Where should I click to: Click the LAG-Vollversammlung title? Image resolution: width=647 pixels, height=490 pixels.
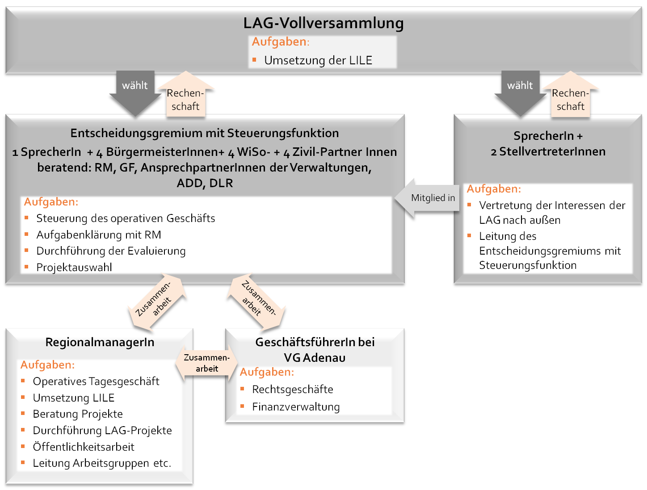(323, 23)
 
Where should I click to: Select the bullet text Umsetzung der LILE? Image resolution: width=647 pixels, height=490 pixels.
(318, 60)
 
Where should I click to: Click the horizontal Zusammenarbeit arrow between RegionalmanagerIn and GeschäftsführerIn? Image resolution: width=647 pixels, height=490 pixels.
(207, 363)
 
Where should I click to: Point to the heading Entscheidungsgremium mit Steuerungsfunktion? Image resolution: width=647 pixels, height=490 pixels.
(205, 133)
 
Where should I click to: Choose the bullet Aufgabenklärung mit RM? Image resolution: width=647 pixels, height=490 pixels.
(98, 235)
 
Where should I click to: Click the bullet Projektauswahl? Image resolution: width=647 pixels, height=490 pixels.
(74, 268)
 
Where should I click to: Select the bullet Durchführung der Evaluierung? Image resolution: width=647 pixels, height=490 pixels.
(111, 251)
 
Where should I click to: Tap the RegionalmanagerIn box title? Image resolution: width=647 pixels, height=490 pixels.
(100, 343)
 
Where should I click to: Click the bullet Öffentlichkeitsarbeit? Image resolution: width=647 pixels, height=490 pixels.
(84, 447)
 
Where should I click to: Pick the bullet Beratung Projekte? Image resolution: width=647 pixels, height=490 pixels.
(78, 414)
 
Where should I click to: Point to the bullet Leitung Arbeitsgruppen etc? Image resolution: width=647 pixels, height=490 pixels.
(102, 463)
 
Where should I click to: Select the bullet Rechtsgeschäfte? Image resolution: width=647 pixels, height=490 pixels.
(293, 389)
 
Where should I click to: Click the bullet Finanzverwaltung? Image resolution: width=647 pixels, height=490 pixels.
(296, 407)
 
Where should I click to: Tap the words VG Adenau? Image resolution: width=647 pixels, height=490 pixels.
(315, 358)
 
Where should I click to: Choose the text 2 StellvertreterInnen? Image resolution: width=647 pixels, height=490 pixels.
(548, 152)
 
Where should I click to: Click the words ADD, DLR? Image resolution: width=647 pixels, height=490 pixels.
(205, 183)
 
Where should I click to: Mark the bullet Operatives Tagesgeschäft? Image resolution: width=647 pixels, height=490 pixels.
(96, 381)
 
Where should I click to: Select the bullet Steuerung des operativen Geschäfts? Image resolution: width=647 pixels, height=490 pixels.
(126, 218)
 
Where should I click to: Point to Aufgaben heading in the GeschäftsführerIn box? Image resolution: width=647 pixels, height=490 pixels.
(267, 372)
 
